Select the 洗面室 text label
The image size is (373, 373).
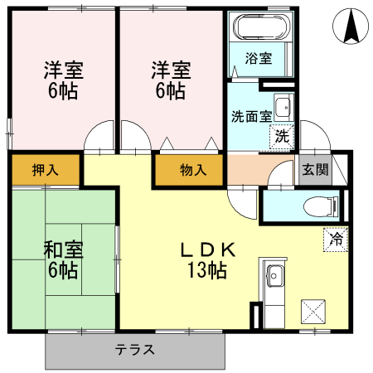(x=249, y=116)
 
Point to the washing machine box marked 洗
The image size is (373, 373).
(x=283, y=136)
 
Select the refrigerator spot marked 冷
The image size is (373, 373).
(x=336, y=237)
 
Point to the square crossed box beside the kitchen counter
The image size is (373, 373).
(x=315, y=311)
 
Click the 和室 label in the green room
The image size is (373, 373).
(x=62, y=249)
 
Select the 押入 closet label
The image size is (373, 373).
(x=45, y=170)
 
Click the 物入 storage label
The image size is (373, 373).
(x=193, y=171)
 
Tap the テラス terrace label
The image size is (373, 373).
(x=135, y=349)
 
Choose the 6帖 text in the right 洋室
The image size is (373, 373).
(x=170, y=91)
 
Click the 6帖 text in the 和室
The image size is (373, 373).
(x=62, y=269)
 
